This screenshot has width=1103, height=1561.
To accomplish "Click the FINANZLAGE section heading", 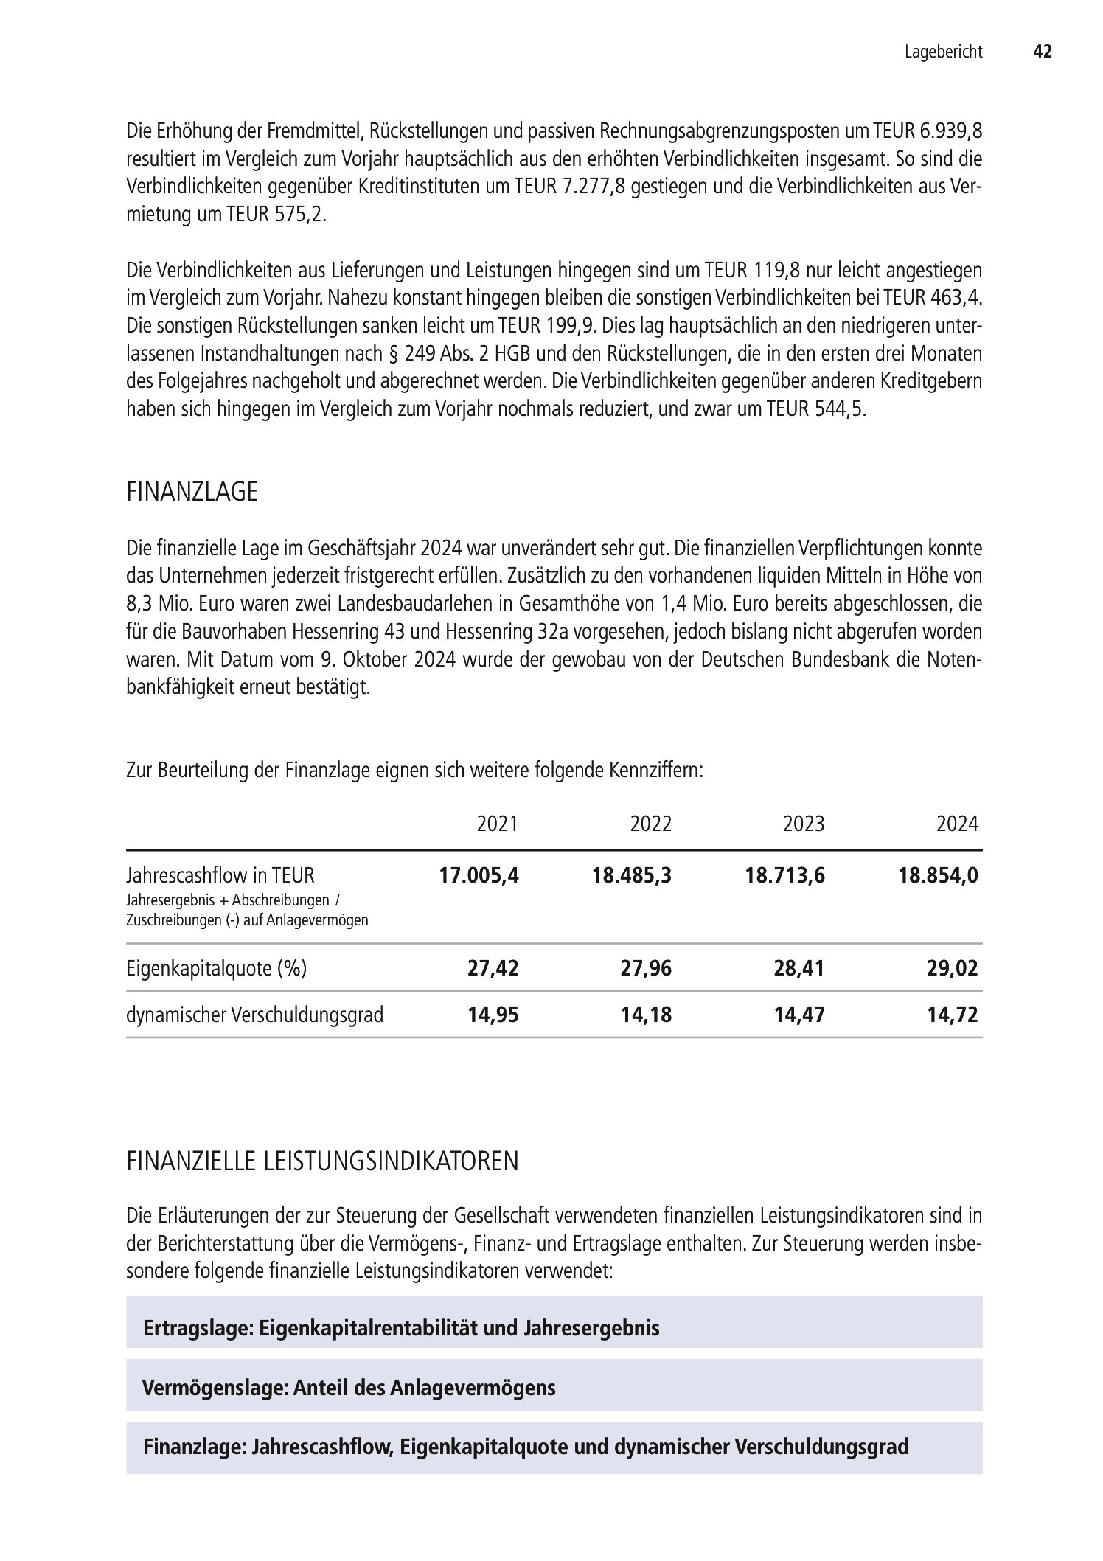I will coord(192,492).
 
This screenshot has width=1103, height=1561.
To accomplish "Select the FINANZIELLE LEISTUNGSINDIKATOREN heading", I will coord(322,1161).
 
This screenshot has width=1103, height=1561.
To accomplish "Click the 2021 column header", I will coord(498,824).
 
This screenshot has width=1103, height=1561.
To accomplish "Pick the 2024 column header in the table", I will coord(956,824).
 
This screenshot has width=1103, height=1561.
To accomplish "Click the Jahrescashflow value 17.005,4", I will coord(479,875).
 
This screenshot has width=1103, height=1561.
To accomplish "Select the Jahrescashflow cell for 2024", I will coord(938,875).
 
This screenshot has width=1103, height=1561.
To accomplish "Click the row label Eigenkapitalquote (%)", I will coord(216,967).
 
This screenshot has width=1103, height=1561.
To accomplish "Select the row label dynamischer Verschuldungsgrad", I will coord(254,1015).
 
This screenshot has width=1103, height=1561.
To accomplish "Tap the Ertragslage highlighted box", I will coord(554,1328).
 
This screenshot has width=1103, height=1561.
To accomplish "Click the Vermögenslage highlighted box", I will coord(554,1388).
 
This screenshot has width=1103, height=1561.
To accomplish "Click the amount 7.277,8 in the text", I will coord(595,187).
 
